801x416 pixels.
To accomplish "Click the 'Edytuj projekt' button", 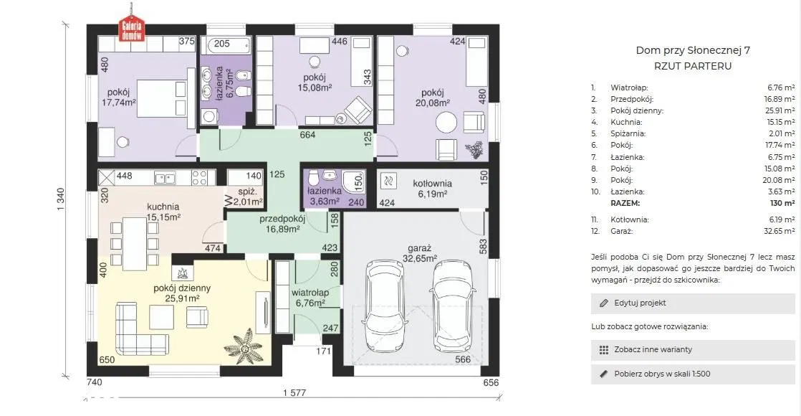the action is [x=693, y=303].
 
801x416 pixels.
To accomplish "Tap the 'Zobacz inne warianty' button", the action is [x=693, y=349].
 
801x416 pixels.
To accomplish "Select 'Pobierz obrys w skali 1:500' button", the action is [x=693, y=374].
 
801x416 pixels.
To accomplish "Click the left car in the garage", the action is [x=386, y=305].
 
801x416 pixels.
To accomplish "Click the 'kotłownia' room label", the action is [x=432, y=183].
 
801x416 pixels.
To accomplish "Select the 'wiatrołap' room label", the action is [x=310, y=293].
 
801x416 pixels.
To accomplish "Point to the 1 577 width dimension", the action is [x=294, y=392].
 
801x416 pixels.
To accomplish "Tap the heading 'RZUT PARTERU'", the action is [x=693, y=66].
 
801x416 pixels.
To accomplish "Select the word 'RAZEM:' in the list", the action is [x=625, y=203].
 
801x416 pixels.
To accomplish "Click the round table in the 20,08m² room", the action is [x=446, y=123].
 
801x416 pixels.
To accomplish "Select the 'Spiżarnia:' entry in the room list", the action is [x=628, y=133].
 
